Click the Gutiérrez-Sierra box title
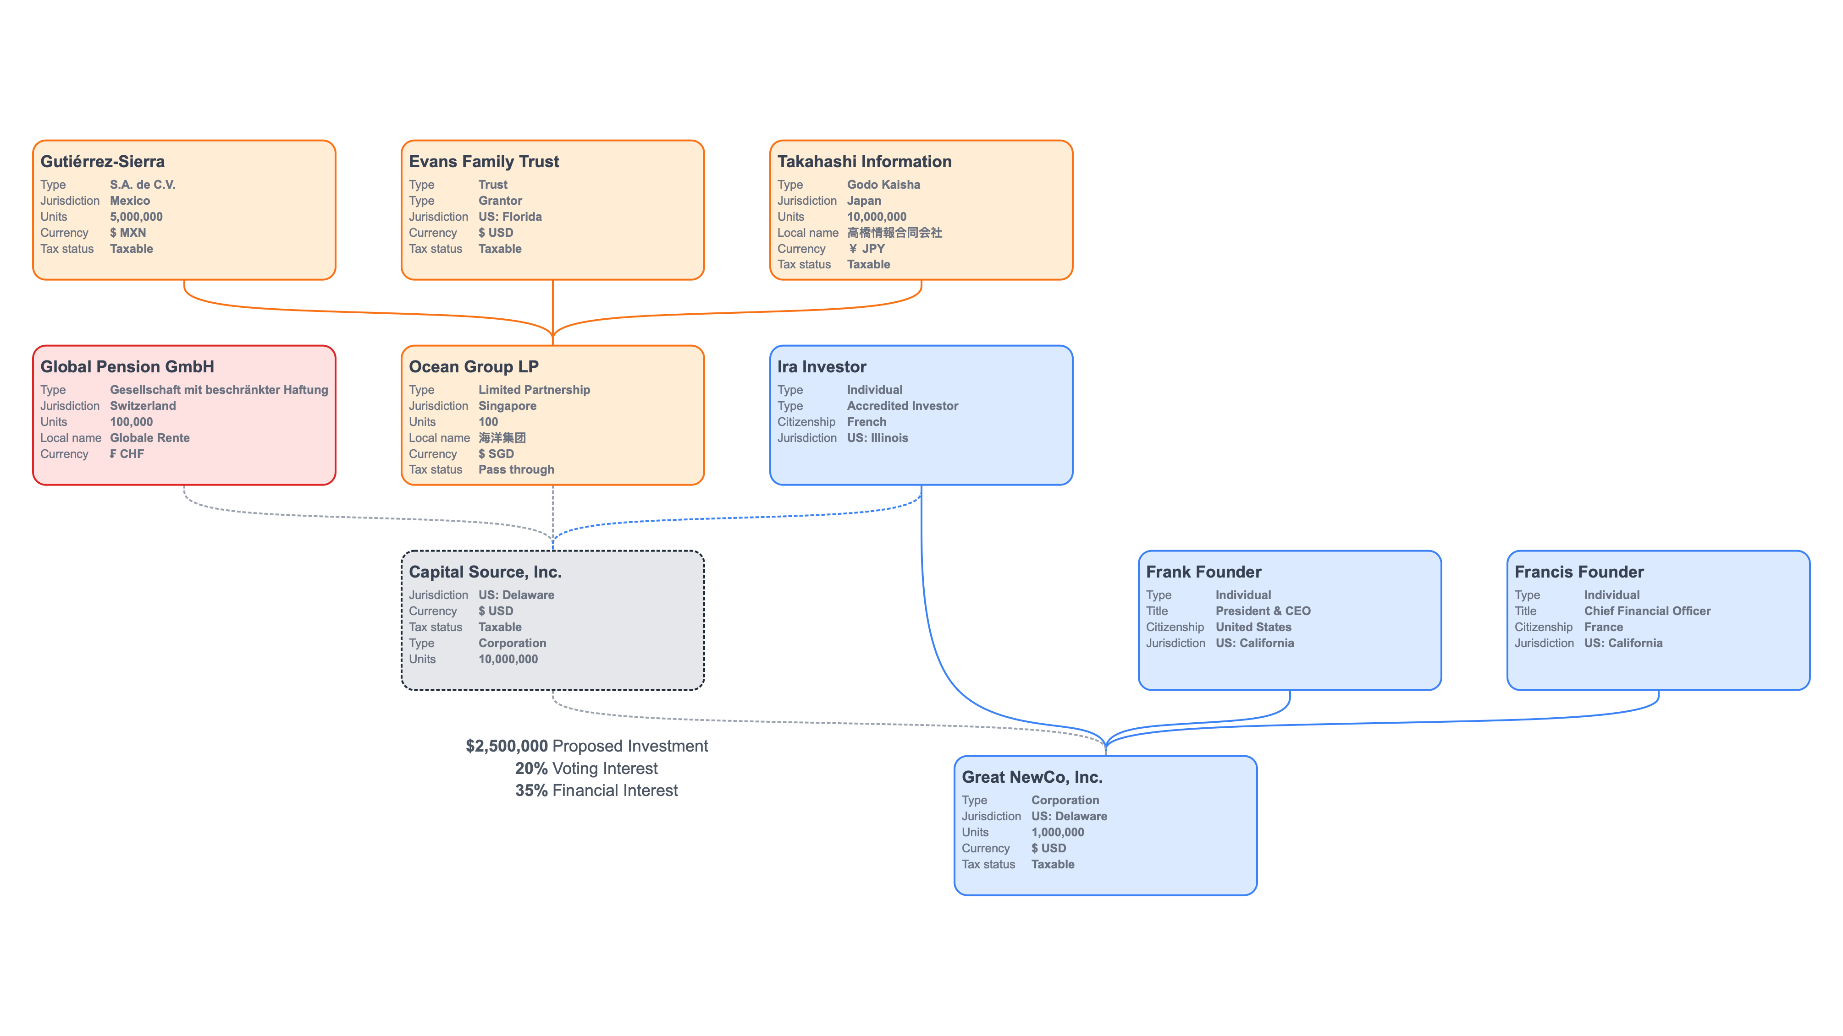(102, 162)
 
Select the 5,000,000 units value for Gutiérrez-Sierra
(136, 217)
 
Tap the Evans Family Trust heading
(484, 162)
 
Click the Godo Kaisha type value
(883, 185)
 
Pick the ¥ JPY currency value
(866, 249)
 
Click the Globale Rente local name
(149, 437)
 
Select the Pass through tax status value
(516, 470)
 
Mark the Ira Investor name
(822, 367)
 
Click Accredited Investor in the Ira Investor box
(902, 405)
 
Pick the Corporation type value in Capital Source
(512, 643)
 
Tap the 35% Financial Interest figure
(531, 790)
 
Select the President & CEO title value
(1263, 611)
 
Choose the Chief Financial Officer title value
(1647, 611)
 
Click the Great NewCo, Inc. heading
(1032, 777)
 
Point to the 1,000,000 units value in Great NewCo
(1058, 832)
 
